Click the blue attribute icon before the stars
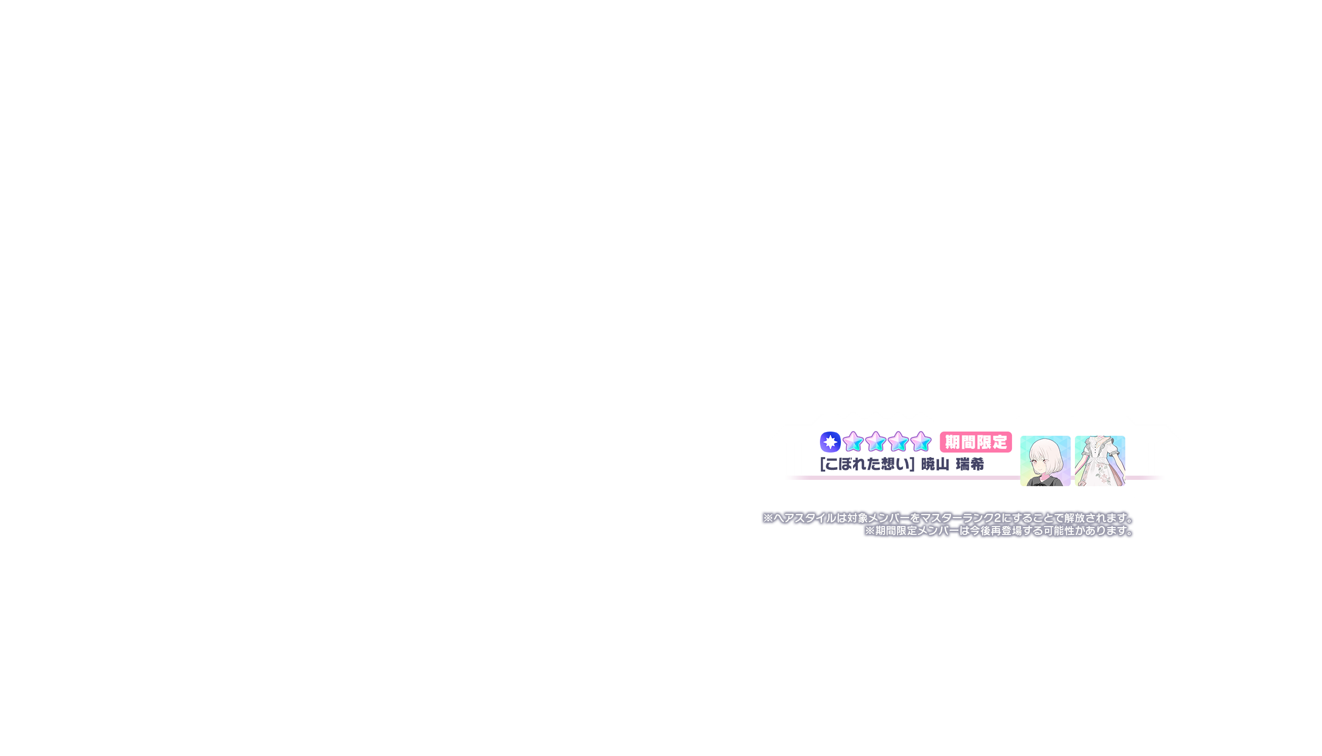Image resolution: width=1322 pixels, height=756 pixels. (830, 442)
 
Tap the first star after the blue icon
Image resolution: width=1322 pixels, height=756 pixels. (853, 442)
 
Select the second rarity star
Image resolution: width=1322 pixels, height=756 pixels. (876, 442)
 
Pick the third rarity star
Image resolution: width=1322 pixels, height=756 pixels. (898, 442)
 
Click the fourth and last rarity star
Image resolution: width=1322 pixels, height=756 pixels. (921, 442)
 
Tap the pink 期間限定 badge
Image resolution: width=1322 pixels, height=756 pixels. (976, 442)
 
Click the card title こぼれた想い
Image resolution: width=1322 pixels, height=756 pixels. (867, 465)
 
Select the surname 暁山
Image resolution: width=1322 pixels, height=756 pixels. (935, 465)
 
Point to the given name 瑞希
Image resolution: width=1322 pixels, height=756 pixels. (970, 465)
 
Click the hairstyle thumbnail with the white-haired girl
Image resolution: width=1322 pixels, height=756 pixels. (1045, 461)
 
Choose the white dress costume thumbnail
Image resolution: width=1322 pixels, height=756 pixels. (1100, 461)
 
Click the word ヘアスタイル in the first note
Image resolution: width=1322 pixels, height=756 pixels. (805, 518)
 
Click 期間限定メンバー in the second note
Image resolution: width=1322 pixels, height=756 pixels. (917, 531)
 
